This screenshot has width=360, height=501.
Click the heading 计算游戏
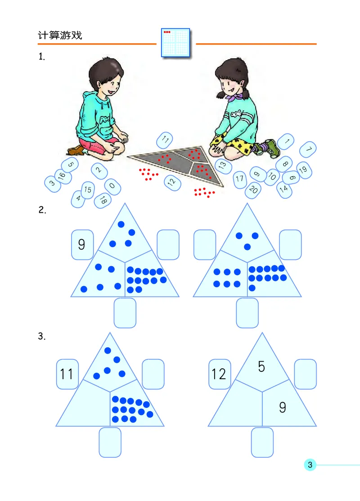[x=60, y=36]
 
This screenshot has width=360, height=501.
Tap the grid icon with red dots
[x=175, y=43]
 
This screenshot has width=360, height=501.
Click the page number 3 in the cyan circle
[x=310, y=465]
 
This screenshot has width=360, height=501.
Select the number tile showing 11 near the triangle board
[x=165, y=140]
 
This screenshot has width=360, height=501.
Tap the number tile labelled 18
[x=103, y=201]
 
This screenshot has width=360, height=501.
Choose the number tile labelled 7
[x=308, y=149]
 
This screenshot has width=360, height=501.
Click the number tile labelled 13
[x=222, y=165]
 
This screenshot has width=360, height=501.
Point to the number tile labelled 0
[x=112, y=186]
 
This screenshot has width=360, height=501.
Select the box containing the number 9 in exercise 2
[x=81, y=244]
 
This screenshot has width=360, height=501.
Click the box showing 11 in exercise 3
[x=67, y=374]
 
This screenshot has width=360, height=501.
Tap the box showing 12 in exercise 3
[x=219, y=374]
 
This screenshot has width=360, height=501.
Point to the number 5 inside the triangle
[x=261, y=367]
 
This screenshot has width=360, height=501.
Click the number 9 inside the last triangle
[x=282, y=407]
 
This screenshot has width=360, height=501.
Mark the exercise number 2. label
[x=42, y=210]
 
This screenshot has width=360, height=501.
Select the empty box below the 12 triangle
[x=262, y=442]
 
